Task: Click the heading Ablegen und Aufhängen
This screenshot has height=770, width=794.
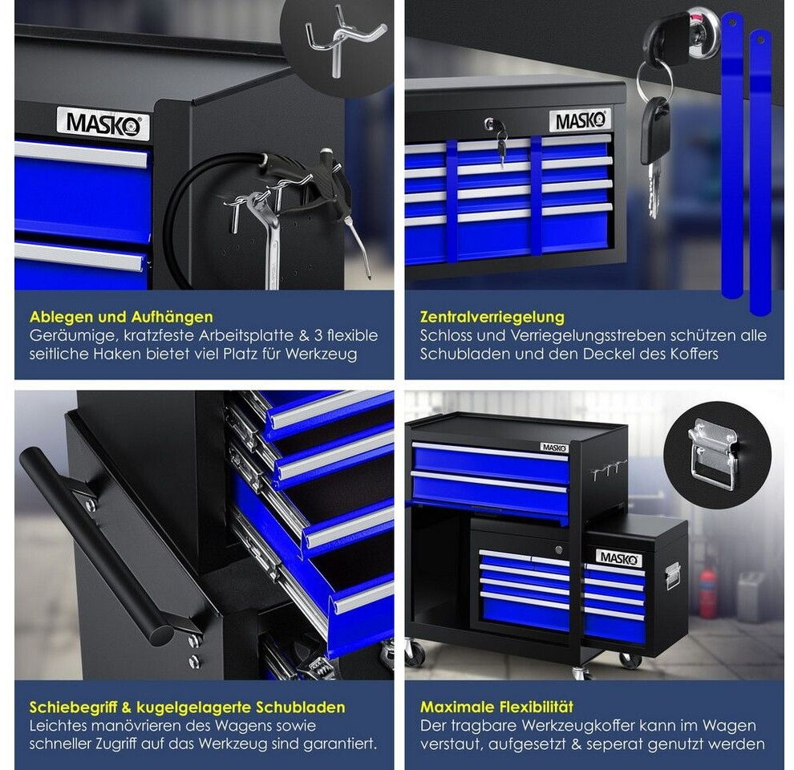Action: tap(121, 317)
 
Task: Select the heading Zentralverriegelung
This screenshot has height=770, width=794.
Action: tap(492, 317)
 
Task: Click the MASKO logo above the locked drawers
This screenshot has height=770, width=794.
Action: tap(581, 121)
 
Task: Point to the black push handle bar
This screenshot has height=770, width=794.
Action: tap(96, 546)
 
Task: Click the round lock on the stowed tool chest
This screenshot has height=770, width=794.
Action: tap(558, 549)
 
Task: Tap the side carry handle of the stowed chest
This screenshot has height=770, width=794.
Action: tap(672, 576)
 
